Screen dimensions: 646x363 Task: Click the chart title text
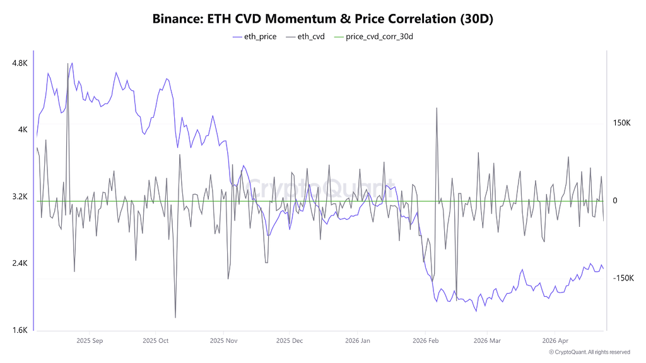tap(322, 18)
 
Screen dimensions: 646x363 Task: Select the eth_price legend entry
tap(255, 37)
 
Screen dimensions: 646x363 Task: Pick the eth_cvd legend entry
tap(305, 37)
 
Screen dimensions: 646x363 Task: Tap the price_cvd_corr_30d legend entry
tap(373, 37)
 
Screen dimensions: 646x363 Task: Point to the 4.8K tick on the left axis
tap(20, 63)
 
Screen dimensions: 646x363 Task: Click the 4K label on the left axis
tap(23, 130)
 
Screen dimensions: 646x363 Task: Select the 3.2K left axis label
tap(20, 197)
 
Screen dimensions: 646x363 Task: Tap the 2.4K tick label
tap(20, 263)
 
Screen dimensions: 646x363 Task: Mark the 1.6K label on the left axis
tap(20, 330)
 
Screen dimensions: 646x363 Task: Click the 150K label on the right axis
tap(621, 123)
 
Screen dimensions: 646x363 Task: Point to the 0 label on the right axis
tap(615, 200)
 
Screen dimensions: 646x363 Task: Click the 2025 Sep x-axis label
tap(90, 341)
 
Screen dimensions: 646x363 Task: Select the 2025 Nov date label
tap(224, 341)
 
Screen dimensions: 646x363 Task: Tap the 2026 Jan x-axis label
tap(358, 341)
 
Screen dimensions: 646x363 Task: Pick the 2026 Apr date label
tap(555, 341)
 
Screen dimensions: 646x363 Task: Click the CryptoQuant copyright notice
tap(590, 352)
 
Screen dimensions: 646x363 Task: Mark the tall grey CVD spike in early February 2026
tap(437, 108)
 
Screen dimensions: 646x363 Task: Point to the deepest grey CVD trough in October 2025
tap(175, 318)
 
